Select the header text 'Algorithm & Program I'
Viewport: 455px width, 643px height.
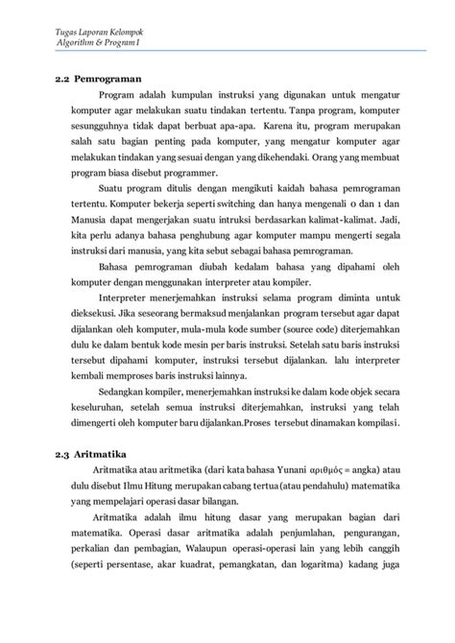pyautogui.click(x=100, y=46)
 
